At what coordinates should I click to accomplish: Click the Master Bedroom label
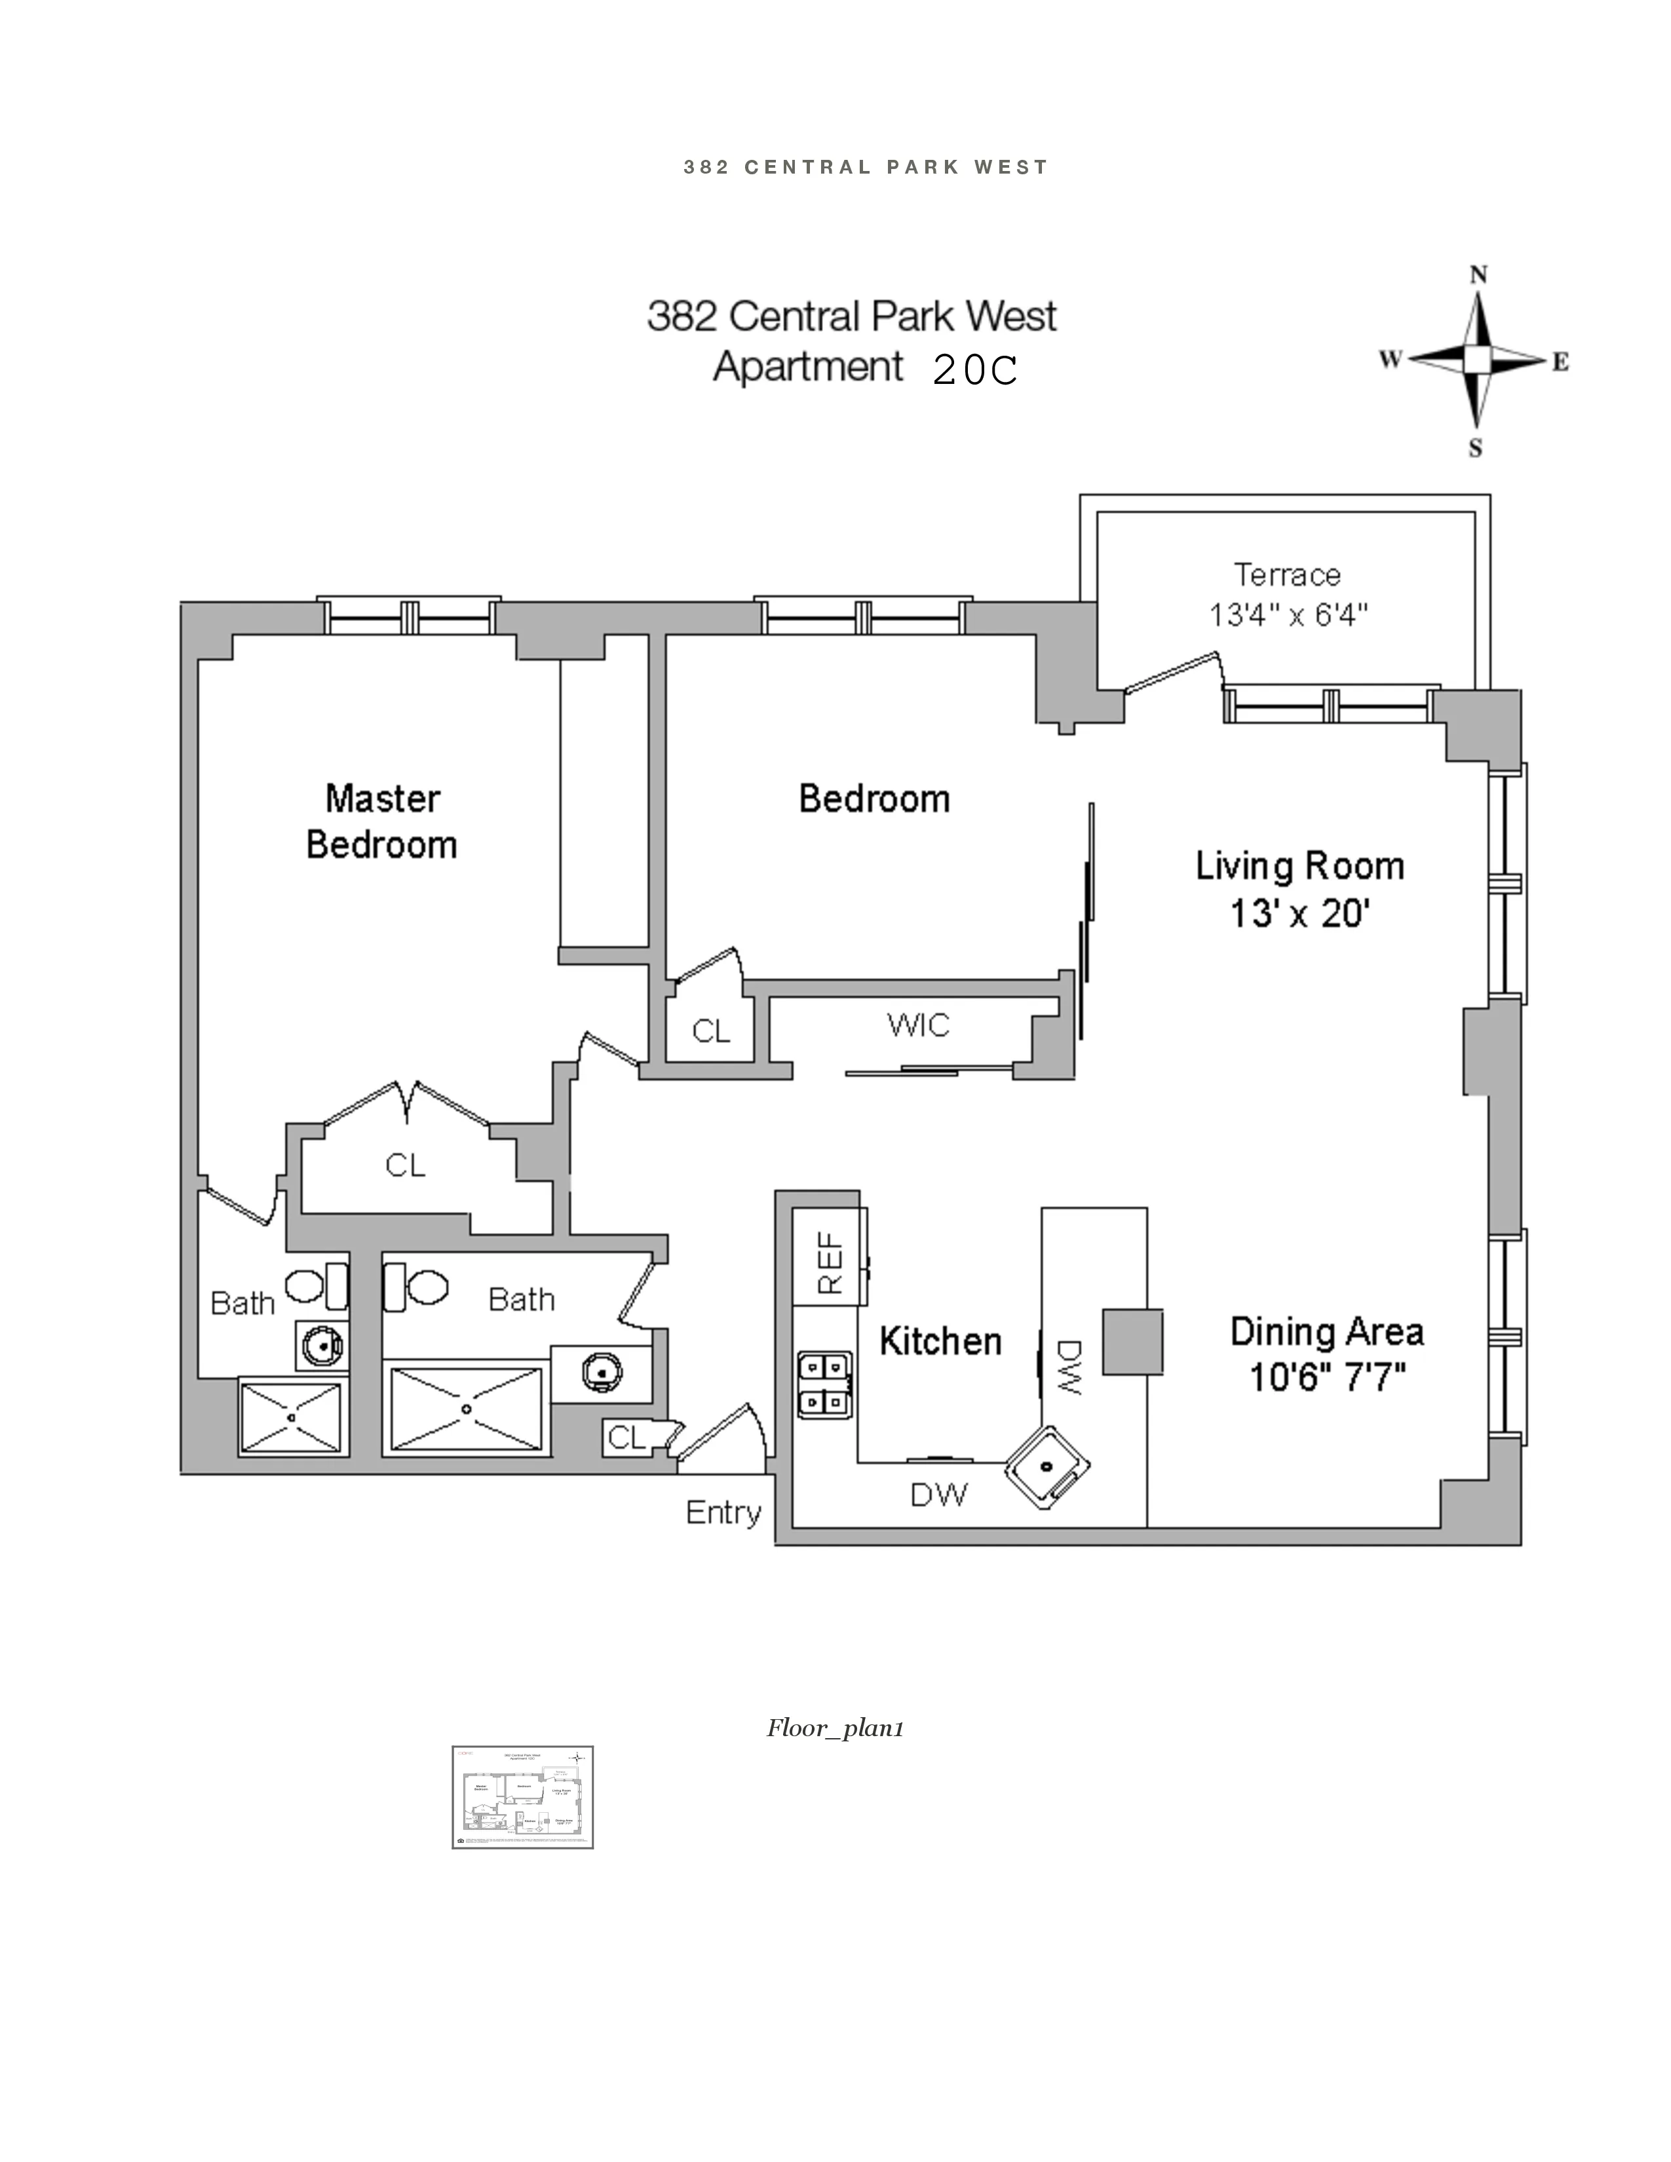[x=382, y=822]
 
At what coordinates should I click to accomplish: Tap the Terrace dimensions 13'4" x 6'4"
[x=1288, y=615]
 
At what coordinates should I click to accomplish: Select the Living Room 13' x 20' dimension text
[x=1299, y=913]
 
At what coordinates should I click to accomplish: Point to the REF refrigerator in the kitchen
[x=830, y=1262]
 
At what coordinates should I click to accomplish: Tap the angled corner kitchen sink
[x=1047, y=1466]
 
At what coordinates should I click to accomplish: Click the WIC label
[x=917, y=1025]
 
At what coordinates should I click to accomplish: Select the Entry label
[x=723, y=1513]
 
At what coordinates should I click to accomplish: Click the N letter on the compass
[x=1478, y=275]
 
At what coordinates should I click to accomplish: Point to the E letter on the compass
[x=1560, y=362]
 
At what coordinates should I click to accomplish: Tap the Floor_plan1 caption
[x=834, y=1728]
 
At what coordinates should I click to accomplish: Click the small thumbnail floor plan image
[x=523, y=1796]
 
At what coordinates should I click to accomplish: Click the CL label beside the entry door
[x=626, y=1437]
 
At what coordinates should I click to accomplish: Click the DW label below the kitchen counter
[x=938, y=1495]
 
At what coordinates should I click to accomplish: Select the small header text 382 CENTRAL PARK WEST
[x=865, y=167]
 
